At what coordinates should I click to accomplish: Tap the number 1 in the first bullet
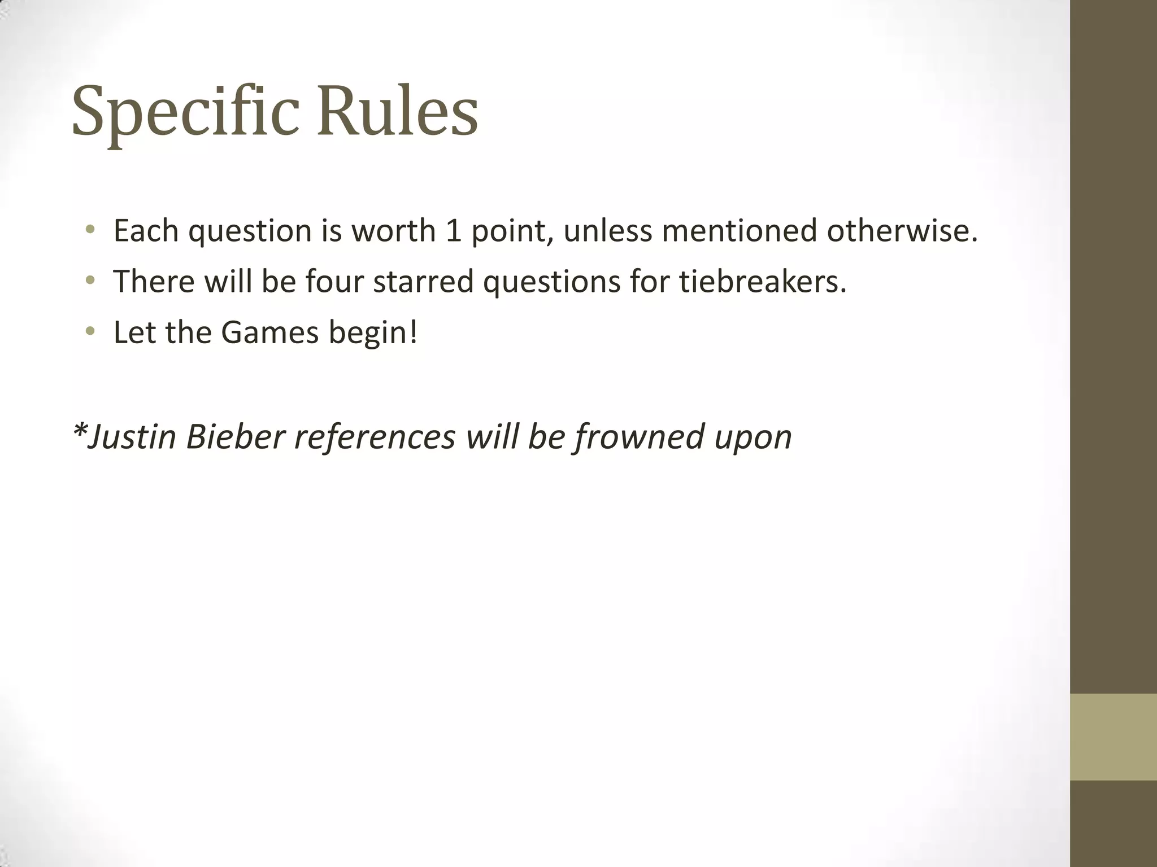[x=453, y=231]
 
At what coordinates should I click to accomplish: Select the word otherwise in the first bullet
[x=902, y=231]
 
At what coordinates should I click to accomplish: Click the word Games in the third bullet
[x=270, y=332]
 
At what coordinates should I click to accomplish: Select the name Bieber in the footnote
[x=234, y=436]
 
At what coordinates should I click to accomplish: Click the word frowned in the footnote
[x=640, y=436]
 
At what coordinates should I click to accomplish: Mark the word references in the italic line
[x=375, y=436]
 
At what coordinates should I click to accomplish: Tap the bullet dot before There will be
[x=90, y=280]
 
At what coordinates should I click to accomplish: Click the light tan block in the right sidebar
[x=1113, y=737]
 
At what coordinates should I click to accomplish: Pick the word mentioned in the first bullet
[x=740, y=231]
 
